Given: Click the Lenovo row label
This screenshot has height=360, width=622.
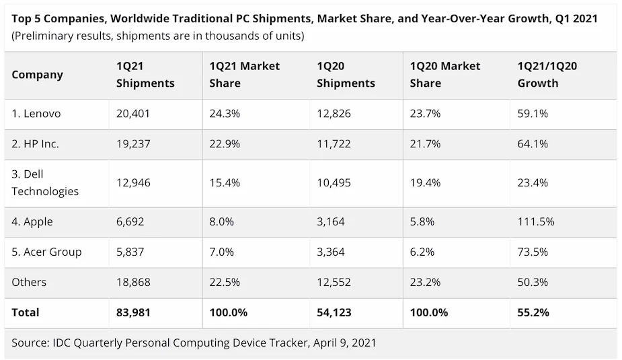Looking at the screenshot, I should click(36, 114).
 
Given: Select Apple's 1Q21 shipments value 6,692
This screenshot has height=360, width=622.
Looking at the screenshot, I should click(130, 221).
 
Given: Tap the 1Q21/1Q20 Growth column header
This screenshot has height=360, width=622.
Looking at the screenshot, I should click(547, 75).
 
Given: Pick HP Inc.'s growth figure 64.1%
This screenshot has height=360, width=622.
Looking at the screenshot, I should click(533, 144).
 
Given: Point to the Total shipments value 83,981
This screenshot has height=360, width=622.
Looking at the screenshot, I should click(132, 312).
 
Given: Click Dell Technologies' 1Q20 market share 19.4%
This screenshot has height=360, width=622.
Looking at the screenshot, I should click(425, 182).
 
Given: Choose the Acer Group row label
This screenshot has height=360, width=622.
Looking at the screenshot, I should click(46, 252).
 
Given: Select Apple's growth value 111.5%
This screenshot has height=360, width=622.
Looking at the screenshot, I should click(536, 221).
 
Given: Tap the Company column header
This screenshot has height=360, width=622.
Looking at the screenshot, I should click(38, 75).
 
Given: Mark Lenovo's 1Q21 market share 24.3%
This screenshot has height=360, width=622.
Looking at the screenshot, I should click(225, 114).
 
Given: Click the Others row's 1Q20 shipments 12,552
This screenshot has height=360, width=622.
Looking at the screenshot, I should click(334, 282).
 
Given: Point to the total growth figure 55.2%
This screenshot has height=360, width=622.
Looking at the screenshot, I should click(533, 312).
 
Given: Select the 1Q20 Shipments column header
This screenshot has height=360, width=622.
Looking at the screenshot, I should click(346, 75).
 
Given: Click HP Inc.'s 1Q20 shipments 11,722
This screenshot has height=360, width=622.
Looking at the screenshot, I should click(334, 144).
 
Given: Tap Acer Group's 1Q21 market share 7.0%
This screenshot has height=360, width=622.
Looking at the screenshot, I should click(222, 252).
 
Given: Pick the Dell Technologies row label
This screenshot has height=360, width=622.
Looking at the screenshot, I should click(45, 182).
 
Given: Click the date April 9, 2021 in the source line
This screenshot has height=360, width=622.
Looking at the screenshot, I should click(344, 343).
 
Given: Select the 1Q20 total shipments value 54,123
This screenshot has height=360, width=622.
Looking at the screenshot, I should click(334, 312).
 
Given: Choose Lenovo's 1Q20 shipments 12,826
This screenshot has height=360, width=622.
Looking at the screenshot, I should click(334, 114).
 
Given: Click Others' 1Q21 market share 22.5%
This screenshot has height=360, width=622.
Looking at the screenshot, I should click(225, 282).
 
